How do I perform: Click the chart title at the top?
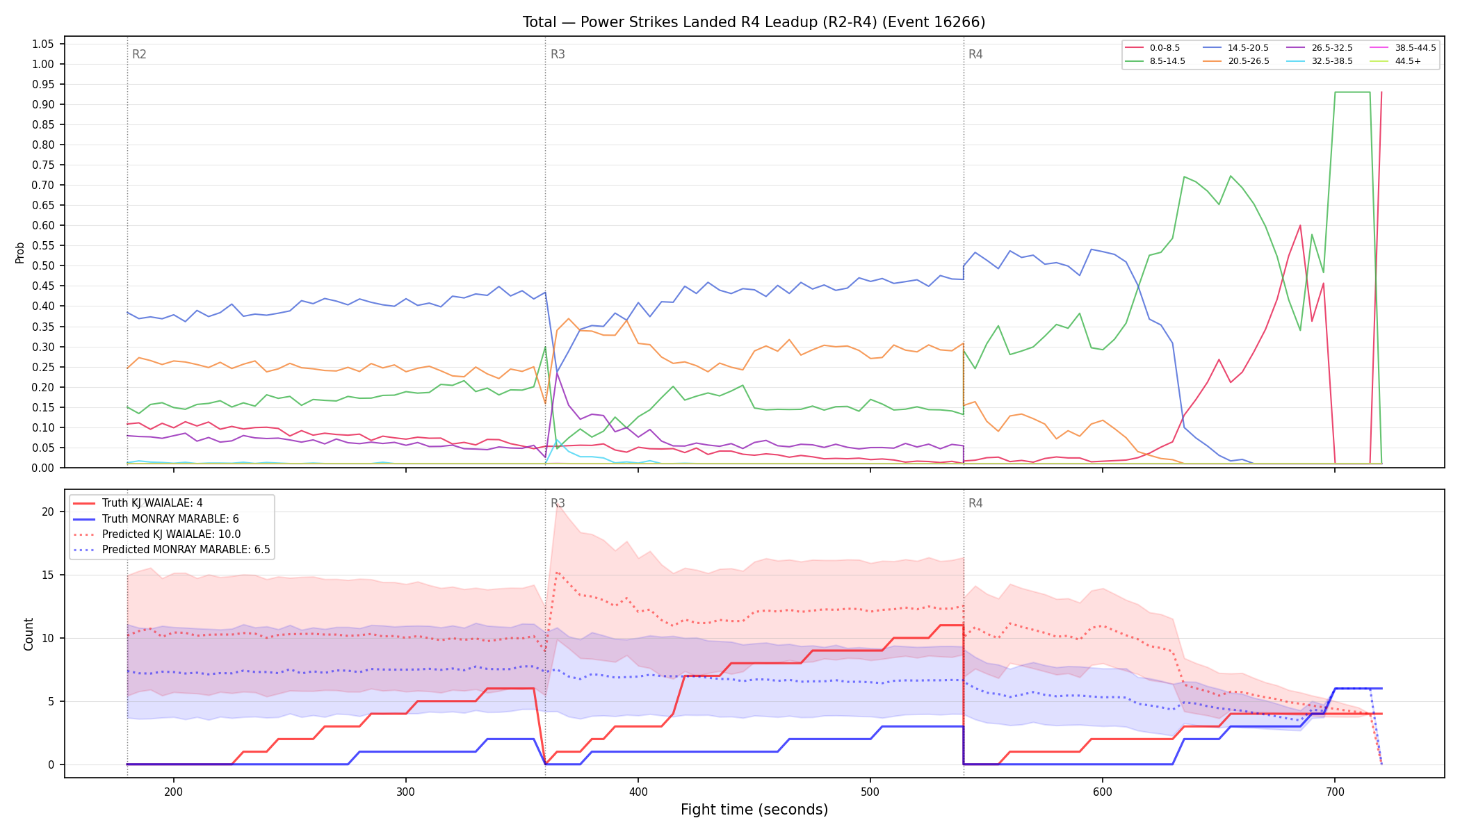[x=754, y=22]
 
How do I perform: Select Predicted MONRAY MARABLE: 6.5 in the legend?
[x=171, y=550]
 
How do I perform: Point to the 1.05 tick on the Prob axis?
[x=43, y=44]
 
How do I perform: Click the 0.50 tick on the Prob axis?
[x=43, y=266]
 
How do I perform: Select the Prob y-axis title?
[x=20, y=252]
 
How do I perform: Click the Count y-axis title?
[x=29, y=634]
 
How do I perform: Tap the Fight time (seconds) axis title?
[x=754, y=810]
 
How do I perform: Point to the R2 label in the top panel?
[x=139, y=54]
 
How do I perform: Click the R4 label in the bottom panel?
[x=975, y=503]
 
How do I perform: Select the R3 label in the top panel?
[x=558, y=54]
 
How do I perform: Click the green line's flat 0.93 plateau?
[x=1352, y=92]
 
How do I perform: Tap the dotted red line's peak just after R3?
[x=557, y=573]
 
